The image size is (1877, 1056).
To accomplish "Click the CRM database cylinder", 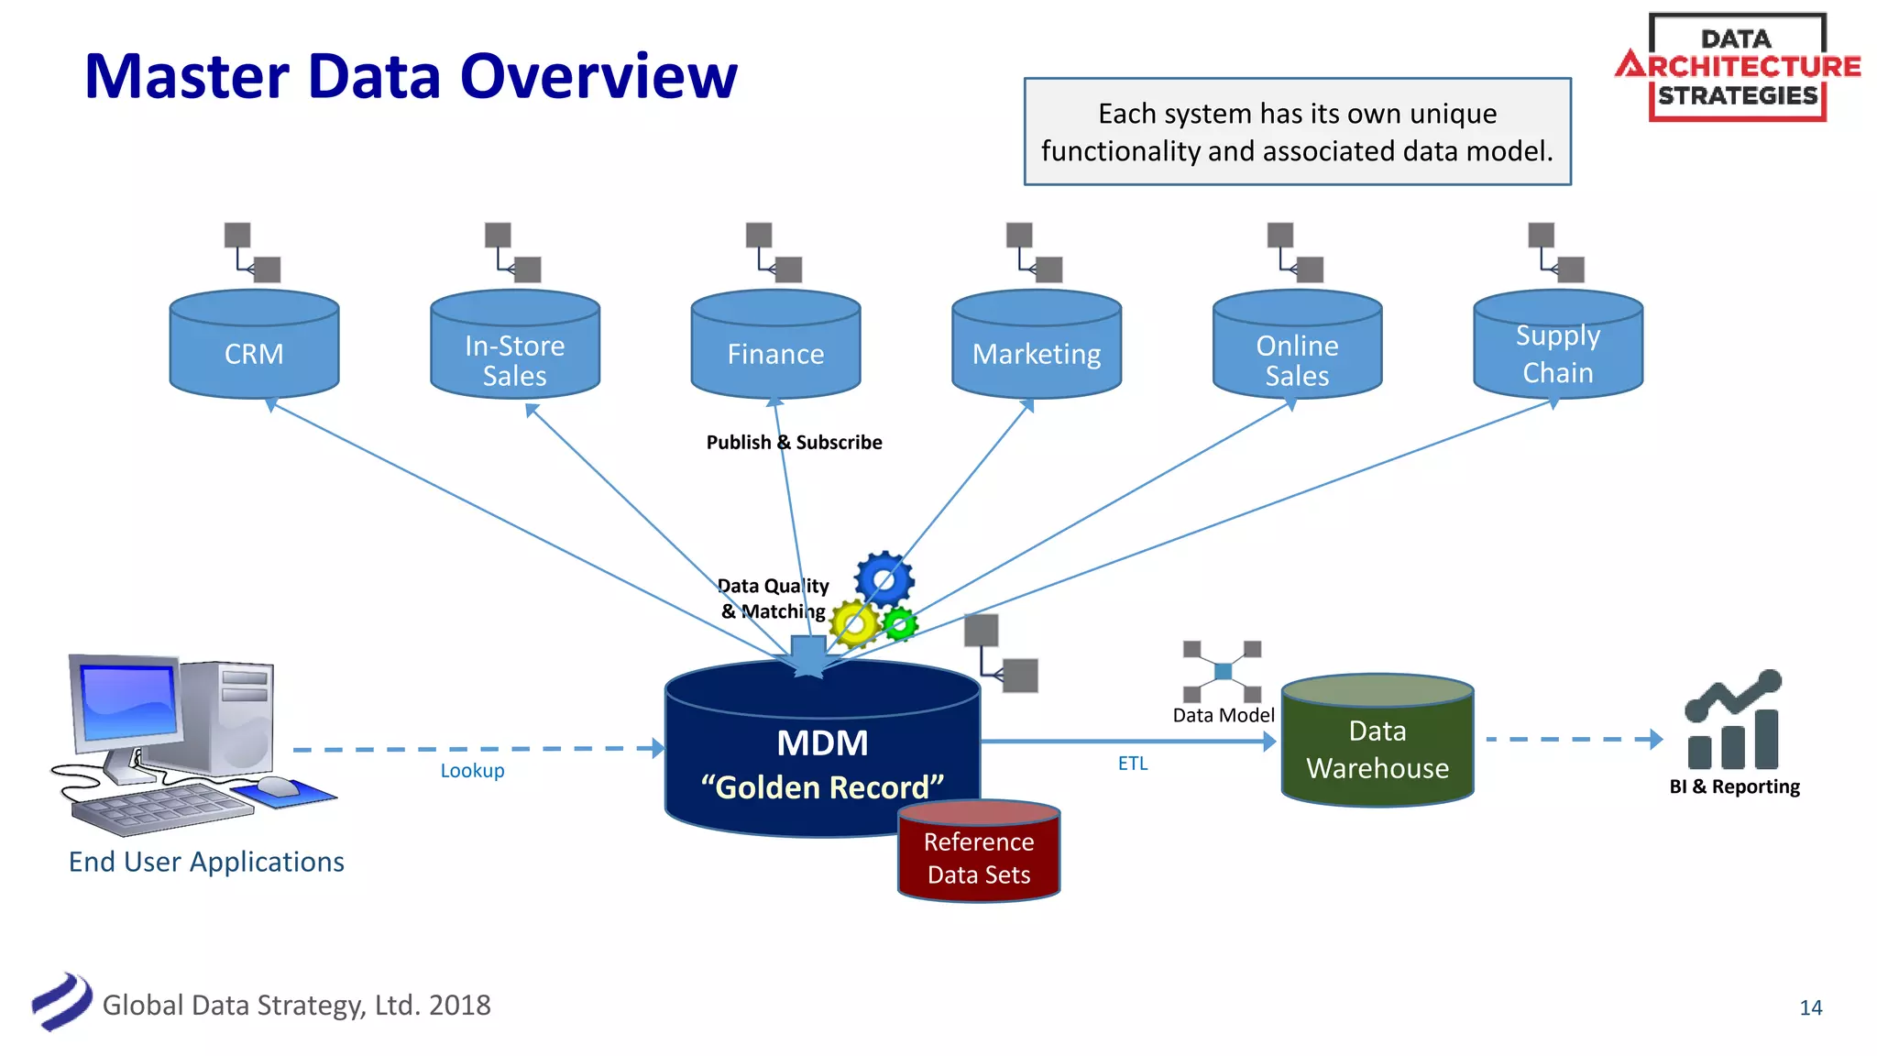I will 254,346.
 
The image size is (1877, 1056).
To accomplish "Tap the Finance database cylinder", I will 775,347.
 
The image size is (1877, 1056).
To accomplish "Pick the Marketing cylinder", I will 1036,347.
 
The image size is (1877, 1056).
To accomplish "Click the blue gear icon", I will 884,579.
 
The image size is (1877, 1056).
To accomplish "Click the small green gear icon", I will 900,624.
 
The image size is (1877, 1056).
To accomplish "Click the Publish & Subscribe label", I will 794,443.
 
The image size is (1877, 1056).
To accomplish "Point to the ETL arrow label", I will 1133,764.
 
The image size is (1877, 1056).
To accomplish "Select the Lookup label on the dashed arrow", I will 472,771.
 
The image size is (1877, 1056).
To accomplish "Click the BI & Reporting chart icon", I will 1733,721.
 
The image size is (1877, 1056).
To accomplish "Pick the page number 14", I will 1810,1007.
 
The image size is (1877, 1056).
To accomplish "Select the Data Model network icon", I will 1223,672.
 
